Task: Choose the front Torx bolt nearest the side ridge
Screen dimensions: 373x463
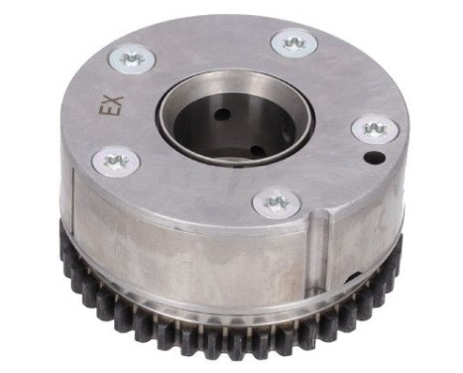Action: (275, 203)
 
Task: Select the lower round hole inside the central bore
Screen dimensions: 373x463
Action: (257, 151)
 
